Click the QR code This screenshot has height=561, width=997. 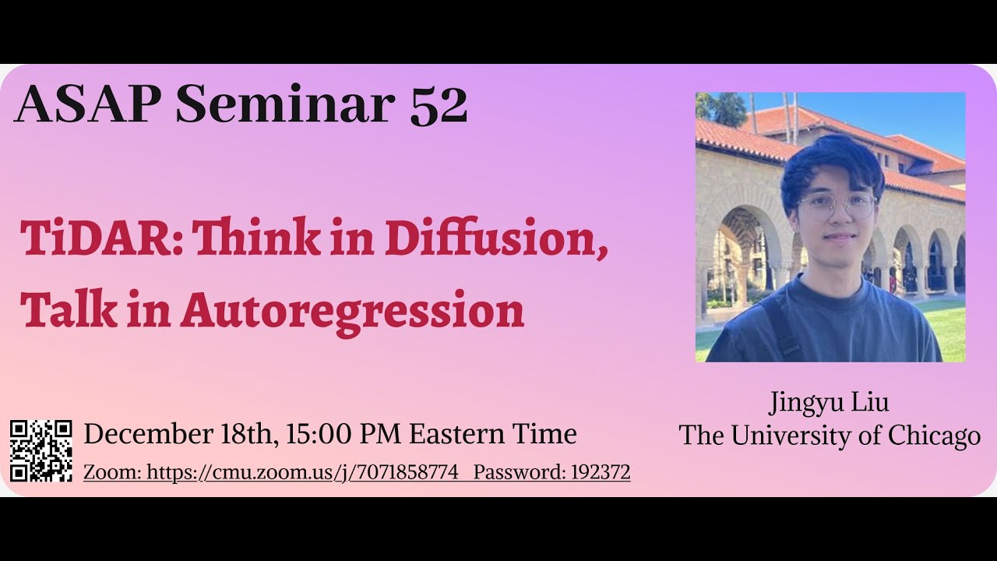(x=41, y=451)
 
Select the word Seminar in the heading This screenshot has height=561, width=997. (x=284, y=105)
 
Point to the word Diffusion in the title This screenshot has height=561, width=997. (x=496, y=238)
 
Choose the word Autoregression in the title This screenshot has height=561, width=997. (x=352, y=311)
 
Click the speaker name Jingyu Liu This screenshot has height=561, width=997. (x=829, y=403)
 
